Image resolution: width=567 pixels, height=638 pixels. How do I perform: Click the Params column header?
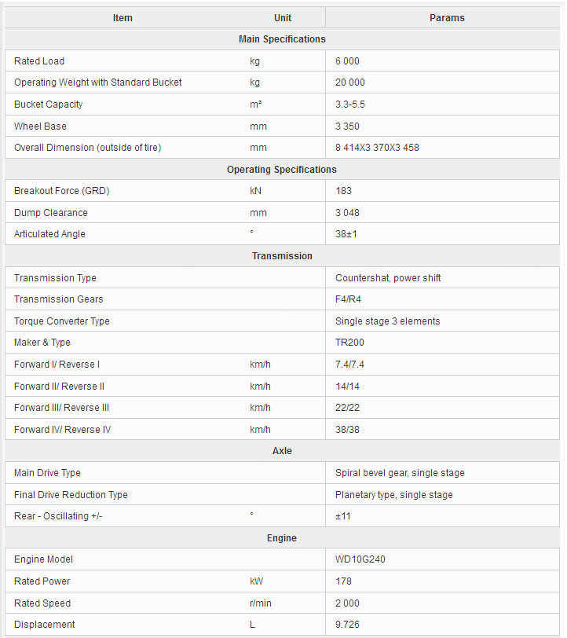click(447, 18)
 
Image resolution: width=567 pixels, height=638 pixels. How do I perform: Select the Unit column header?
click(283, 18)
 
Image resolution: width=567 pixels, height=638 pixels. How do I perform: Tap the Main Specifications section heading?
click(282, 39)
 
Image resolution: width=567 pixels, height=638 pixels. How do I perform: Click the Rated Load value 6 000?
click(347, 61)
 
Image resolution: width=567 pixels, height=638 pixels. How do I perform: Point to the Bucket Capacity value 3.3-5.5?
click(351, 104)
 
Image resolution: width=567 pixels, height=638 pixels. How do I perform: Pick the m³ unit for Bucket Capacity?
click(256, 104)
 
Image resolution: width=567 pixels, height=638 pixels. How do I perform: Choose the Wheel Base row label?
click(40, 126)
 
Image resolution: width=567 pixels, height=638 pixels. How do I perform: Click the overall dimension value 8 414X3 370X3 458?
click(377, 148)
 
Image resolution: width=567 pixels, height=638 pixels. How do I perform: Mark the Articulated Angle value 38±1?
click(346, 234)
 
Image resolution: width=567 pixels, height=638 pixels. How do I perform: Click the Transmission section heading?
click(282, 256)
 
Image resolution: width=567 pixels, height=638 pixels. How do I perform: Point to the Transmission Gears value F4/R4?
click(348, 299)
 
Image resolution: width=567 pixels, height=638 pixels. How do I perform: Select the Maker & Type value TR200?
click(349, 343)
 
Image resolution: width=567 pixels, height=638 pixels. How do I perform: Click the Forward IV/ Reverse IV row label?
click(62, 430)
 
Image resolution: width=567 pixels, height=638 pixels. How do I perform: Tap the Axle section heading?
click(282, 451)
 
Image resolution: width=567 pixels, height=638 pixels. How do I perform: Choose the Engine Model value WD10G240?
click(360, 559)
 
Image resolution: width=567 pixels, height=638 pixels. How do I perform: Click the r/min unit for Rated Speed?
click(260, 603)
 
